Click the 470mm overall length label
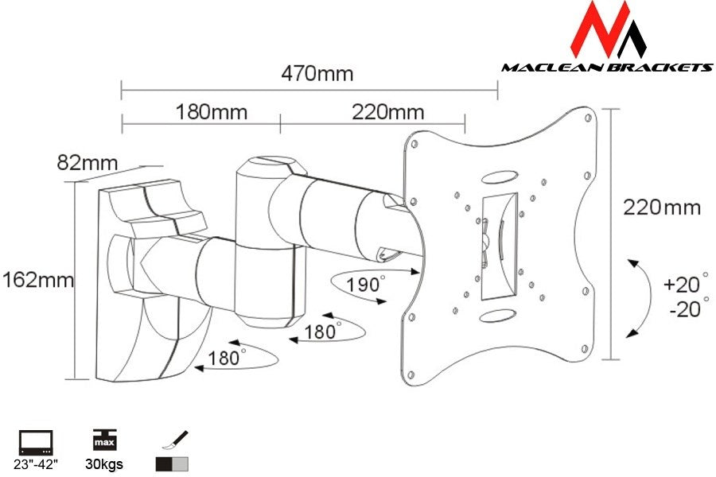click(x=317, y=74)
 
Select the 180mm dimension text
click(x=211, y=112)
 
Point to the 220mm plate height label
click(x=662, y=208)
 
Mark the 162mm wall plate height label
click(x=37, y=280)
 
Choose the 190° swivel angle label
click(x=365, y=284)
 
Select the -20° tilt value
click(x=684, y=309)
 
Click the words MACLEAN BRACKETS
click(x=606, y=68)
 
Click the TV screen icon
click(x=35, y=440)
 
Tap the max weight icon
click(x=103, y=440)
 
